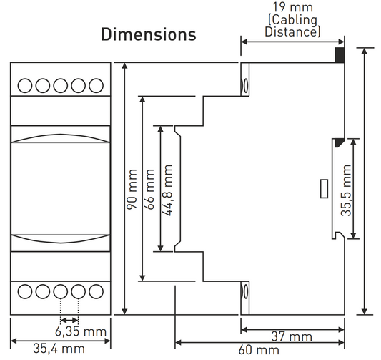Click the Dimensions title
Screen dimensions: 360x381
[x=148, y=34]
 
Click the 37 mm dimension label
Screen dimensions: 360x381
[x=292, y=336]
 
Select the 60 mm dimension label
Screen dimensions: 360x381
[x=258, y=350]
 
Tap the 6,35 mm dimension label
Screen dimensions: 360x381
[x=81, y=331]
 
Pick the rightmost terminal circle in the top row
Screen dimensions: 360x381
[x=96, y=86]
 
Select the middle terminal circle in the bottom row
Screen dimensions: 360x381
[x=61, y=291]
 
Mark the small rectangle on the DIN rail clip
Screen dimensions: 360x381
[x=322, y=189]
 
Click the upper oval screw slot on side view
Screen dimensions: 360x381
[x=245, y=87]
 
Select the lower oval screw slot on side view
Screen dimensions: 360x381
[x=245, y=292]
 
